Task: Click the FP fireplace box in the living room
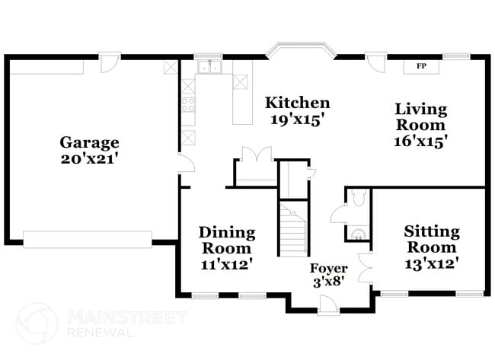click(420, 66)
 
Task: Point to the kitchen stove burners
click(188, 105)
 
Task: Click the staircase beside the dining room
click(292, 228)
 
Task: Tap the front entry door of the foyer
click(329, 304)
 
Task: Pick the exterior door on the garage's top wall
click(111, 62)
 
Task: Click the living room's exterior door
click(375, 62)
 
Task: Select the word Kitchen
click(297, 103)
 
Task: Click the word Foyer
click(328, 269)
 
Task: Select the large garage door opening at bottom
click(88, 238)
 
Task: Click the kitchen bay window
click(300, 53)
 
